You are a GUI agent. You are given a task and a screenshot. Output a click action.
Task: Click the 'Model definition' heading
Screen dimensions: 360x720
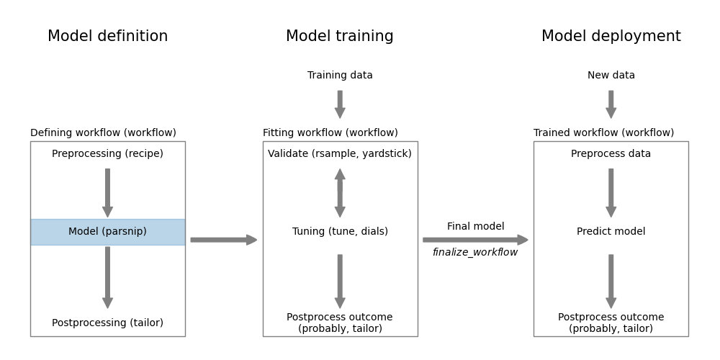tap(107, 37)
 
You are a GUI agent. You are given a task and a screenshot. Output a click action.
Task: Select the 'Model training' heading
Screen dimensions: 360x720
tap(340, 37)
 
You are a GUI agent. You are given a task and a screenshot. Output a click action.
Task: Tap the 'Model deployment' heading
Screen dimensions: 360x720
tap(611, 37)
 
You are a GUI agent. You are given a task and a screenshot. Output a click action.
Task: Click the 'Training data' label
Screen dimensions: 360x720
tap(340, 76)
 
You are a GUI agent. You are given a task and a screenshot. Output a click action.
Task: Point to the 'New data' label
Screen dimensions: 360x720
tap(611, 76)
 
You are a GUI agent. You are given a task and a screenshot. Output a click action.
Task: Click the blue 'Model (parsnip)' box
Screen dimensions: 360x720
tap(107, 232)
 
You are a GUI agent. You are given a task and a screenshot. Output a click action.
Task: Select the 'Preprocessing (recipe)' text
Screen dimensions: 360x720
tap(107, 154)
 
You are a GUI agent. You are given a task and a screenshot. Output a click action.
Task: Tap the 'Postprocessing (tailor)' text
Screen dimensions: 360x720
tap(107, 323)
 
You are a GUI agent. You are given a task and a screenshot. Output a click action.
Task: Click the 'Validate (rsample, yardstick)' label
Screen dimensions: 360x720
tap(340, 154)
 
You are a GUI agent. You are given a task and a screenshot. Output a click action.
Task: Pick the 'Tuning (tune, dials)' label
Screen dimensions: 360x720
tap(340, 232)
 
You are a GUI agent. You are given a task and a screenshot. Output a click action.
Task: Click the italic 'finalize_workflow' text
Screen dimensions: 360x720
tap(475, 253)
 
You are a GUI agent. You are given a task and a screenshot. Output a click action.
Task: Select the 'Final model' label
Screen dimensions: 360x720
tap(475, 227)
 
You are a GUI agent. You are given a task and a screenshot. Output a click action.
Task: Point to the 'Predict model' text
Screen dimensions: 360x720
tap(611, 232)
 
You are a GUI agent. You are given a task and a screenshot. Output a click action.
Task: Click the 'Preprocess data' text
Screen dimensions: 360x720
tap(611, 154)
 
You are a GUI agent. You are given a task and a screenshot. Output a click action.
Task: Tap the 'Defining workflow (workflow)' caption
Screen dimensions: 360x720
tap(103, 133)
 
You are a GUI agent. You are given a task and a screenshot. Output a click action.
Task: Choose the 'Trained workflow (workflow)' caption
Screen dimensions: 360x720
tap(603, 133)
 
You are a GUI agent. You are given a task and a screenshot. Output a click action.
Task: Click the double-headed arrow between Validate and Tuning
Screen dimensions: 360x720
tap(340, 193)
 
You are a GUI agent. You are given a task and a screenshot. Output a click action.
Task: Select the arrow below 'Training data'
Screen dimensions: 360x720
tap(340, 104)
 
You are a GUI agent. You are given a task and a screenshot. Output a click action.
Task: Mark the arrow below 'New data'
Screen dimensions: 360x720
tap(611, 104)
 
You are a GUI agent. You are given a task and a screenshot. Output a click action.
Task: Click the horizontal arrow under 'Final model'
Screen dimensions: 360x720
tap(475, 240)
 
